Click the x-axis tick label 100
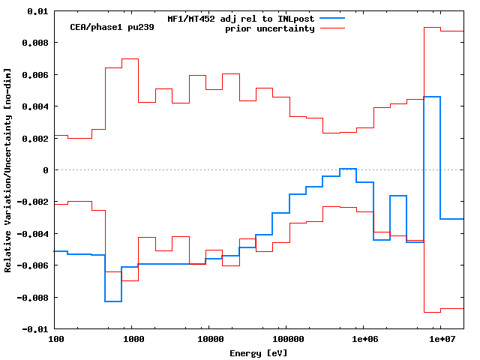tap(55, 340)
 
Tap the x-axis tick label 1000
tap(133, 340)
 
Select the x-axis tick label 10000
tap(210, 340)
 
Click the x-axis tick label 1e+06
tap(364, 340)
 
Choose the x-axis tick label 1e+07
tap(441, 340)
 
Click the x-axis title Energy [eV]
tap(259, 352)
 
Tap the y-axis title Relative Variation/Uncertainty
tap(8, 170)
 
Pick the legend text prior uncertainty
tap(270, 28)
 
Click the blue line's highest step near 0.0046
tap(432, 97)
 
